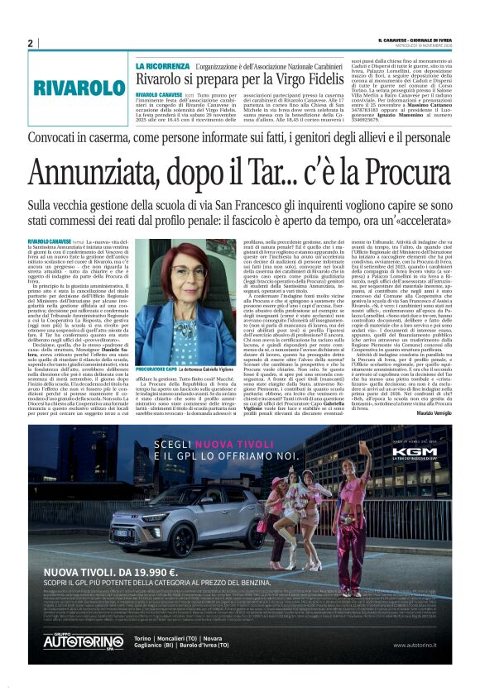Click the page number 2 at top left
[30, 43]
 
